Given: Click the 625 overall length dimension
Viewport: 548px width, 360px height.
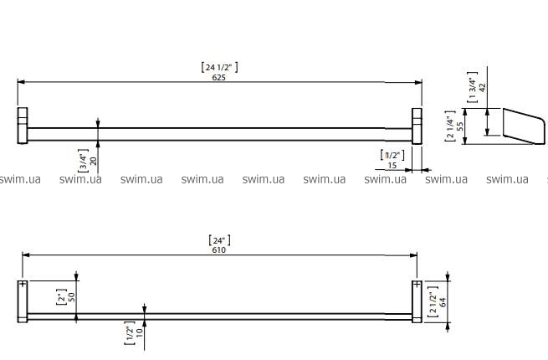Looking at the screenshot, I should point(218,77).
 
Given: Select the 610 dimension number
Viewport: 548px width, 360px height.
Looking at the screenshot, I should point(218,249).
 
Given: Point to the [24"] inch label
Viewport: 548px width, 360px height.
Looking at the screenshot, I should point(219,239).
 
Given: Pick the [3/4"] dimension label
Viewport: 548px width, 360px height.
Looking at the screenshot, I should point(82,159).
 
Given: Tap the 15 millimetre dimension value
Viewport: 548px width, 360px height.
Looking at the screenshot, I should point(392,165).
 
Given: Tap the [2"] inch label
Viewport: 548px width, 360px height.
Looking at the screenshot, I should point(60,297).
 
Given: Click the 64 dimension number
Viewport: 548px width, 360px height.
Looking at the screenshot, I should point(443,299).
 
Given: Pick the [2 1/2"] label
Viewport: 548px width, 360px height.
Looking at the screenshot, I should point(433,299).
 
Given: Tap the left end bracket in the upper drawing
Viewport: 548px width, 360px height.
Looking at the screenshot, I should point(23,126).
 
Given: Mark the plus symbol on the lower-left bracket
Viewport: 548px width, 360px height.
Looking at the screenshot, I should point(23,285).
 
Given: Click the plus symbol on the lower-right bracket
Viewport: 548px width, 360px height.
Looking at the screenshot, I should point(416,285).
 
